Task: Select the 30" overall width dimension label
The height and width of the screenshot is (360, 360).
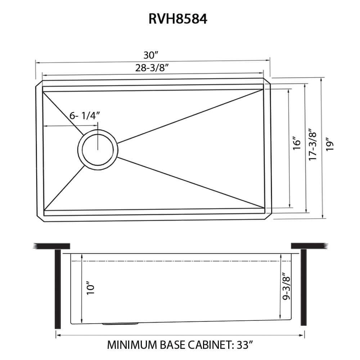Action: tap(151, 55)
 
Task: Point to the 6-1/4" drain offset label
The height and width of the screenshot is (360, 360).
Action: tap(84, 116)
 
